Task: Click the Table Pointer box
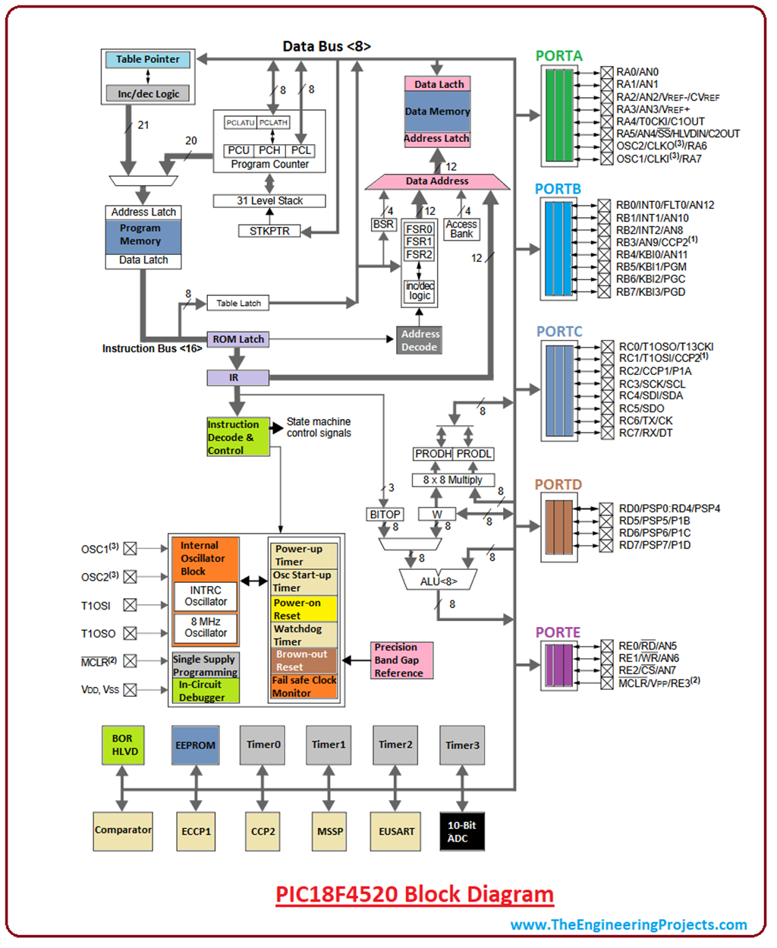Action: (x=148, y=59)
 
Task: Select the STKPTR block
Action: (x=269, y=231)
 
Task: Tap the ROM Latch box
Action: (x=238, y=339)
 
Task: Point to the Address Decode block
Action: (x=420, y=340)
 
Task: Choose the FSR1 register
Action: (x=419, y=241)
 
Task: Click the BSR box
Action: (x=383, y=224)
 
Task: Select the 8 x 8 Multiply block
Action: (x=452, y=480)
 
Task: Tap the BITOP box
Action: (x=385, y=514)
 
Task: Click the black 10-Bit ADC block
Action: (x=461, y=831)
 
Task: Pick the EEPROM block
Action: (x=196, y=745)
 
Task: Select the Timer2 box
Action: (x=395, y=745)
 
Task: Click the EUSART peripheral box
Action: (x=396, y=831)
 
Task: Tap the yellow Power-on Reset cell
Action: (x=304, y=609)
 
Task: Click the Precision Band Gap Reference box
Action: (x=401, y=660)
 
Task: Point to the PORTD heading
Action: (x=558, y=484)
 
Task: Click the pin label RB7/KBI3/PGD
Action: (x=650, y=291)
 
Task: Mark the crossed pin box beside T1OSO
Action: (x=131, y=633)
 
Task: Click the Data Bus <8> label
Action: (x=326, y=46)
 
